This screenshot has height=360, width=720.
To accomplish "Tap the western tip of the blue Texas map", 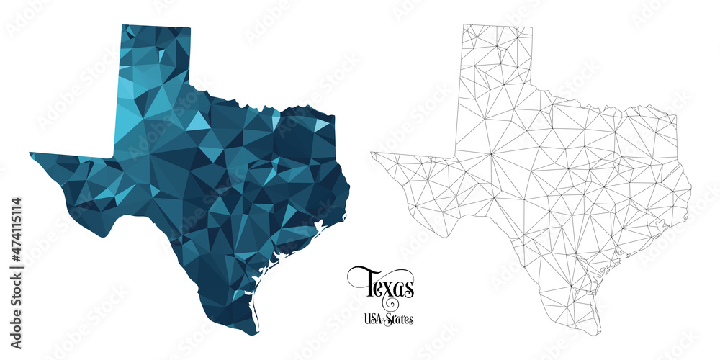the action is (x=31, y=153).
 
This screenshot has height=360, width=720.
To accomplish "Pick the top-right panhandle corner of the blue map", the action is (x=191, y=29).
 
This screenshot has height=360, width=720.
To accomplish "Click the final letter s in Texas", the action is (x=408, y=288).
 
